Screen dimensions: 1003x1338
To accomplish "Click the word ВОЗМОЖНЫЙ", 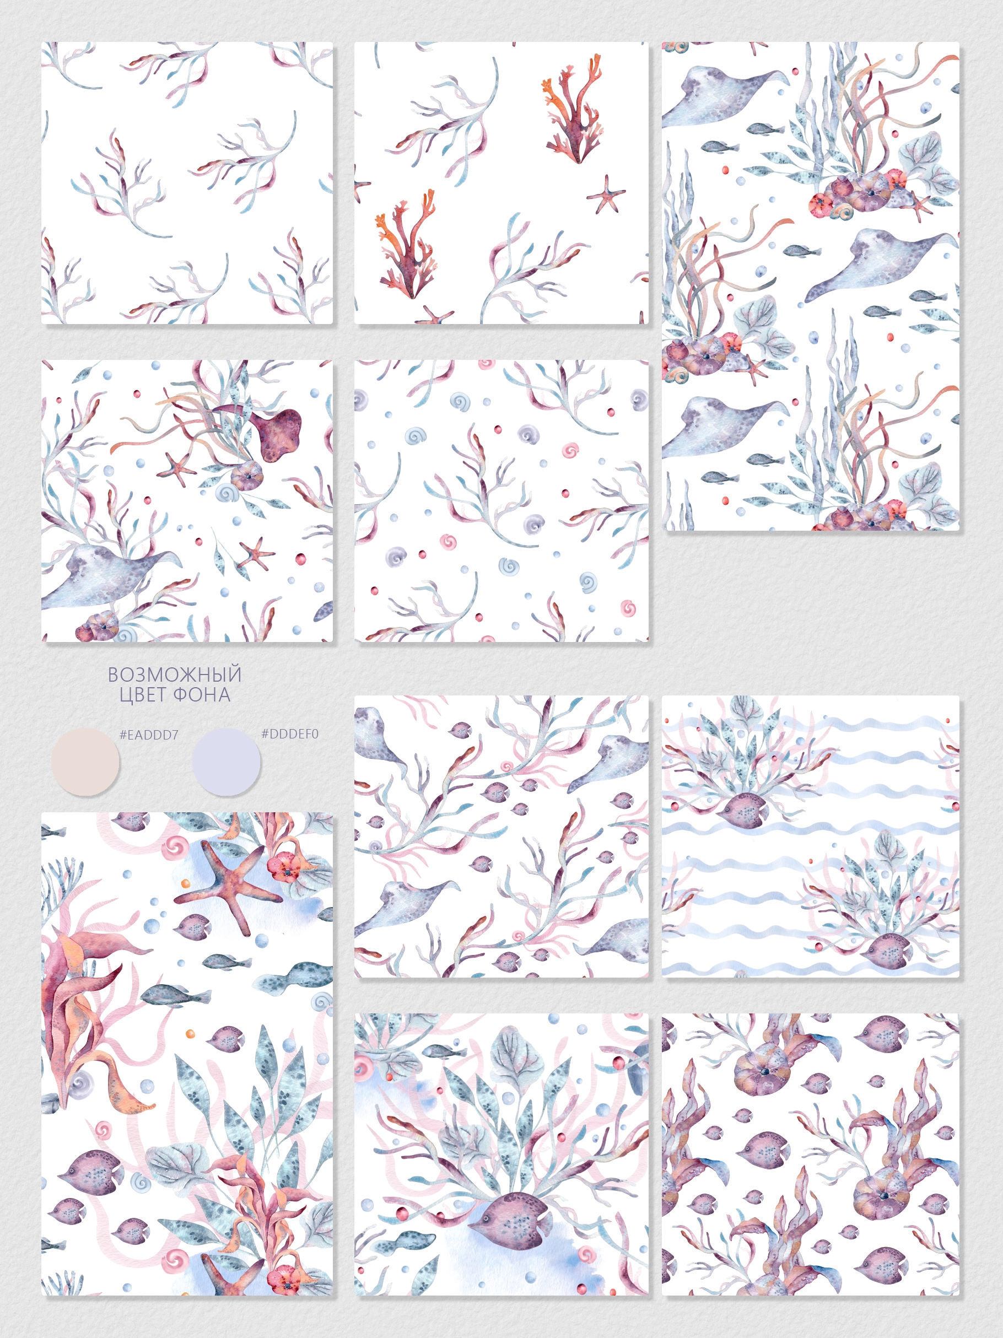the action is coord(174,674).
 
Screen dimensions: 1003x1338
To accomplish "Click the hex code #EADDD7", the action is coord(149,735).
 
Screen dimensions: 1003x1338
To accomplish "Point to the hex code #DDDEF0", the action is coord(290,733).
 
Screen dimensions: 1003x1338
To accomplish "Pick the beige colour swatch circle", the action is coord(85,762).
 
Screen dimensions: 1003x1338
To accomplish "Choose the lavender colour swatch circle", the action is coord(227,762).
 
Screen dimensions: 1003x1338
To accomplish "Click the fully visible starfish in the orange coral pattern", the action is coord(606,195).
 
